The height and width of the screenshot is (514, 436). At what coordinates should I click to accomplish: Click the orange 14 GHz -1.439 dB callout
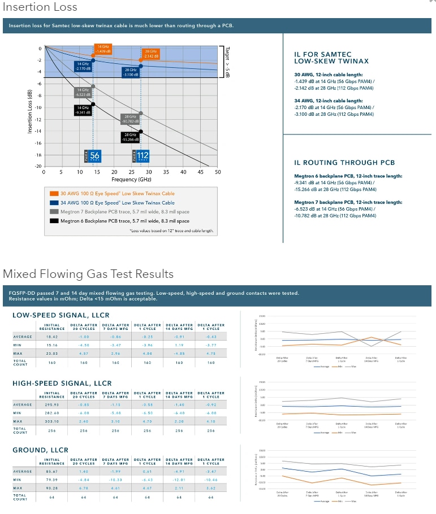click(102, 49)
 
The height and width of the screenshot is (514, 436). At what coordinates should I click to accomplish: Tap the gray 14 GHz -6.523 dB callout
click(83, 92)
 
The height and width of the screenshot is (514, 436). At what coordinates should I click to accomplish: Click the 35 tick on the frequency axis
click(166, 172)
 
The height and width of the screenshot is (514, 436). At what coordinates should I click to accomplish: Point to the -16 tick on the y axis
click(39, 143)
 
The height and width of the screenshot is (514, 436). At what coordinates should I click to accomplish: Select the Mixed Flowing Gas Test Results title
click(88, 274)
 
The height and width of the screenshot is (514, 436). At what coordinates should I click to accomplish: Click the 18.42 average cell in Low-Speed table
click(52, 337)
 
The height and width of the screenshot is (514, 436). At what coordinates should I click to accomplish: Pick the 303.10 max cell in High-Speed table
click(52, 421)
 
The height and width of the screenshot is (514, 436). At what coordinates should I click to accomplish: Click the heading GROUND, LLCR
click(40, 450)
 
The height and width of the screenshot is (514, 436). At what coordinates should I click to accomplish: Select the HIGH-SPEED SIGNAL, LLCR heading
click(62, 383)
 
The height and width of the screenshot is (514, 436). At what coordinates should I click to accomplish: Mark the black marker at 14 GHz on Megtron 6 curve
click(93, 104)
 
